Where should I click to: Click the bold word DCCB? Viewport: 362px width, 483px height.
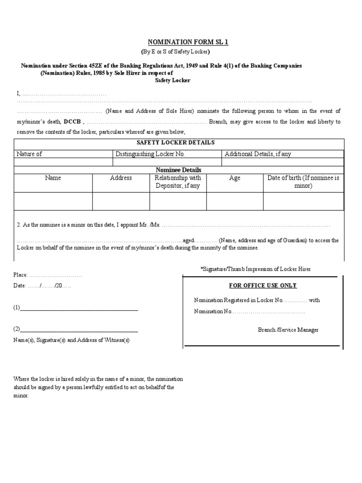[72, 122]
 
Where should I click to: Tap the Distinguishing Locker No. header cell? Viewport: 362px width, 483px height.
[150, 154]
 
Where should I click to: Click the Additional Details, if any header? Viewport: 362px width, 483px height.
[258, 154]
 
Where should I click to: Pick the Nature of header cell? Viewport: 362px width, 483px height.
[29, 154]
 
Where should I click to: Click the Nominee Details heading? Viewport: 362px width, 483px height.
[179, 170]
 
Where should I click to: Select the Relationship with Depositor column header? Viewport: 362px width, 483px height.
[178, 182]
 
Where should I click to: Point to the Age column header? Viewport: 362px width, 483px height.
[234, 178]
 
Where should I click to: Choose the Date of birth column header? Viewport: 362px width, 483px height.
[303, 182]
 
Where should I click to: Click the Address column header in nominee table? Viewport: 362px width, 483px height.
[121, 178]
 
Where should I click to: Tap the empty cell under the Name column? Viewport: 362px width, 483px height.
[53, 201]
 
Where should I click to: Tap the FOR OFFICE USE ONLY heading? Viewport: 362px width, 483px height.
[263, 286]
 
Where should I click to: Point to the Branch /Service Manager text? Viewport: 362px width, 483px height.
[288, 330]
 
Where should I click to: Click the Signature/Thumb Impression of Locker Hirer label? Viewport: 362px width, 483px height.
[255, 269]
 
